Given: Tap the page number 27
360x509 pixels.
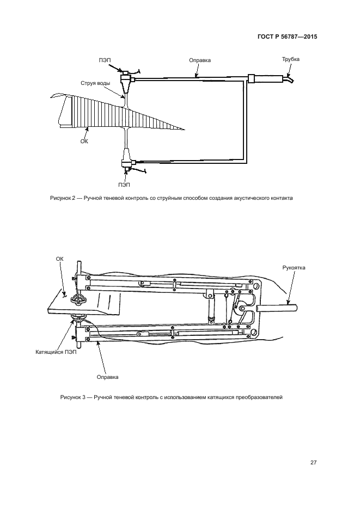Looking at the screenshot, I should [313, 463].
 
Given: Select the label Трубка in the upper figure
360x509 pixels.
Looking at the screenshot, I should [290, 59].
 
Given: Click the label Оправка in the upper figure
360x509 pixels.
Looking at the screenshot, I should [199, 60].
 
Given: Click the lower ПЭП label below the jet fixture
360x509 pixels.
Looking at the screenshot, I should [124, 184].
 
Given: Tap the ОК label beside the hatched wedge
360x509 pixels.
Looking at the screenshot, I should [83, 140].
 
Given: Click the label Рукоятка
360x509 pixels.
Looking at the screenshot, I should [294, 268].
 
